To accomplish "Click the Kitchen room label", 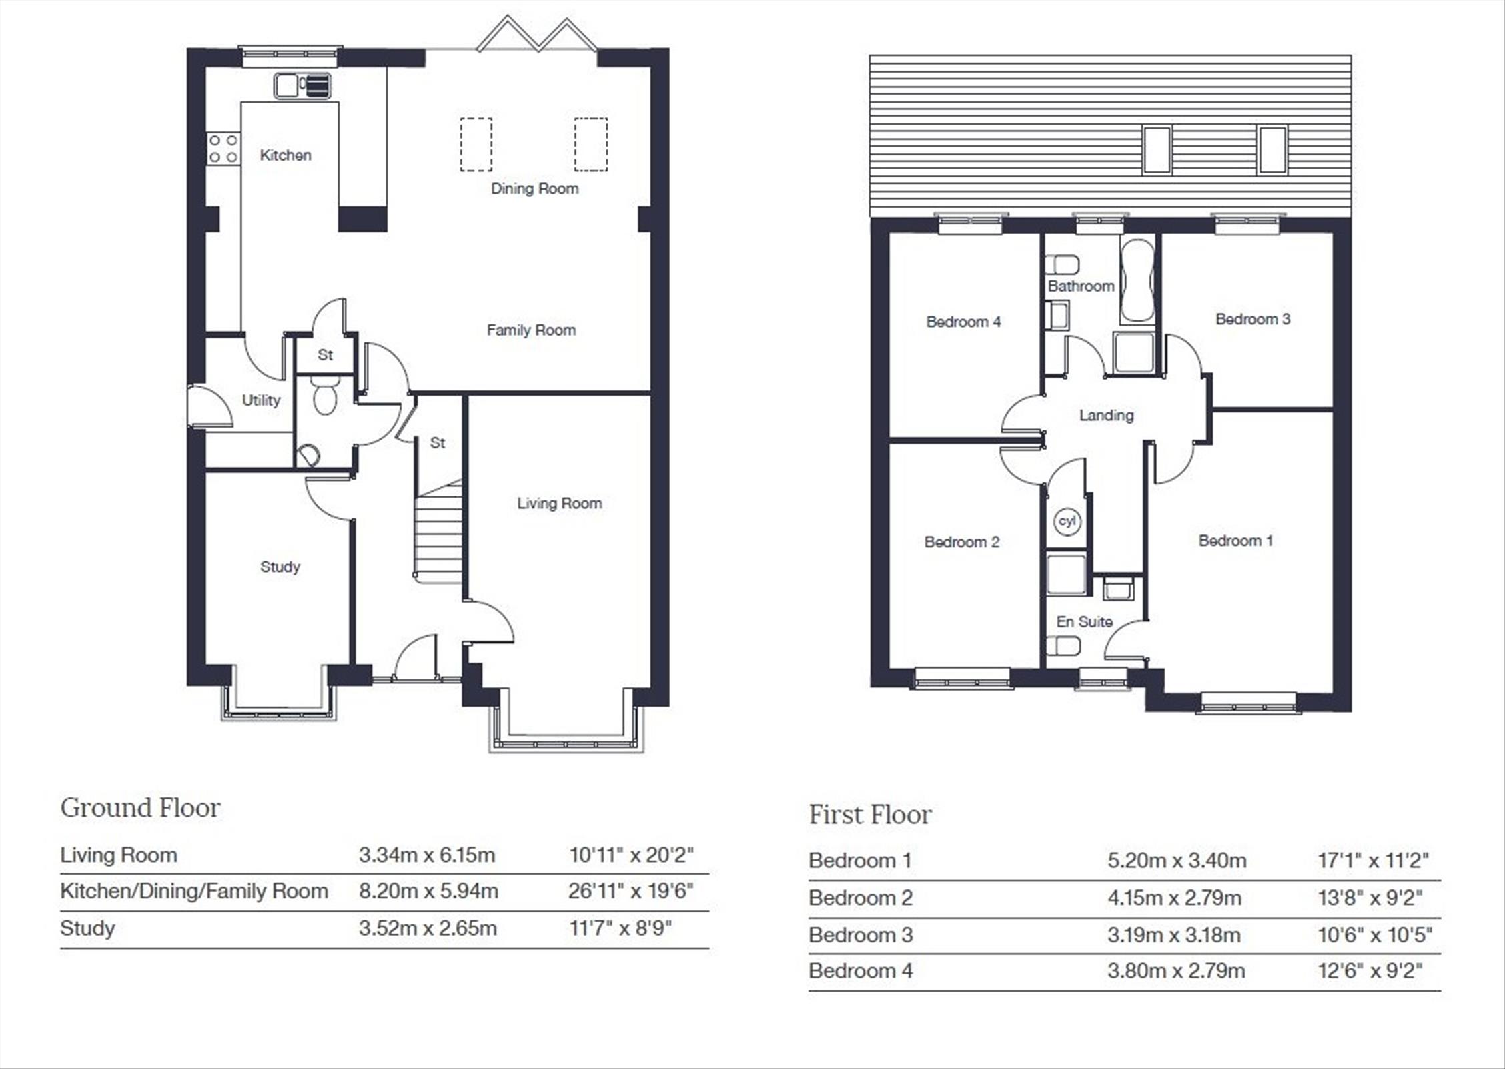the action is pos(286,155).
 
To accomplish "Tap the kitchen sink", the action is pos(302,86).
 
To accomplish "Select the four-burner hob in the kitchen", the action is pos(223,149).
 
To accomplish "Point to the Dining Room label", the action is pos(534,188).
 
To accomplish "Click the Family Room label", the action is pos(531,330).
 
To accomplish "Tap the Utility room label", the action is pos(261,400).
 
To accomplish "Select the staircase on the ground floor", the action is pos(438,530).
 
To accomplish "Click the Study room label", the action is pos(280,567).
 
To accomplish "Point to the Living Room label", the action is pos(559,504).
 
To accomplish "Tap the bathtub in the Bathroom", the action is pos(1137,280).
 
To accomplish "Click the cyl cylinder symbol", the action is pos(1067,521).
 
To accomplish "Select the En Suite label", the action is pos(1084,622).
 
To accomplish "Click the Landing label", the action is pos(1106,416).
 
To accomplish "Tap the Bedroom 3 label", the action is pos(1253,319).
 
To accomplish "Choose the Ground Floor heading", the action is pos(140,808).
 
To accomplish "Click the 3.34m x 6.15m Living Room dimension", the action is pos(427,855).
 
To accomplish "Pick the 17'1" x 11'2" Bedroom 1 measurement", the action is pos(1372,860).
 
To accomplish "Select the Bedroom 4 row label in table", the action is pos(861,970).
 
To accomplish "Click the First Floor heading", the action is pos(870,815).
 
